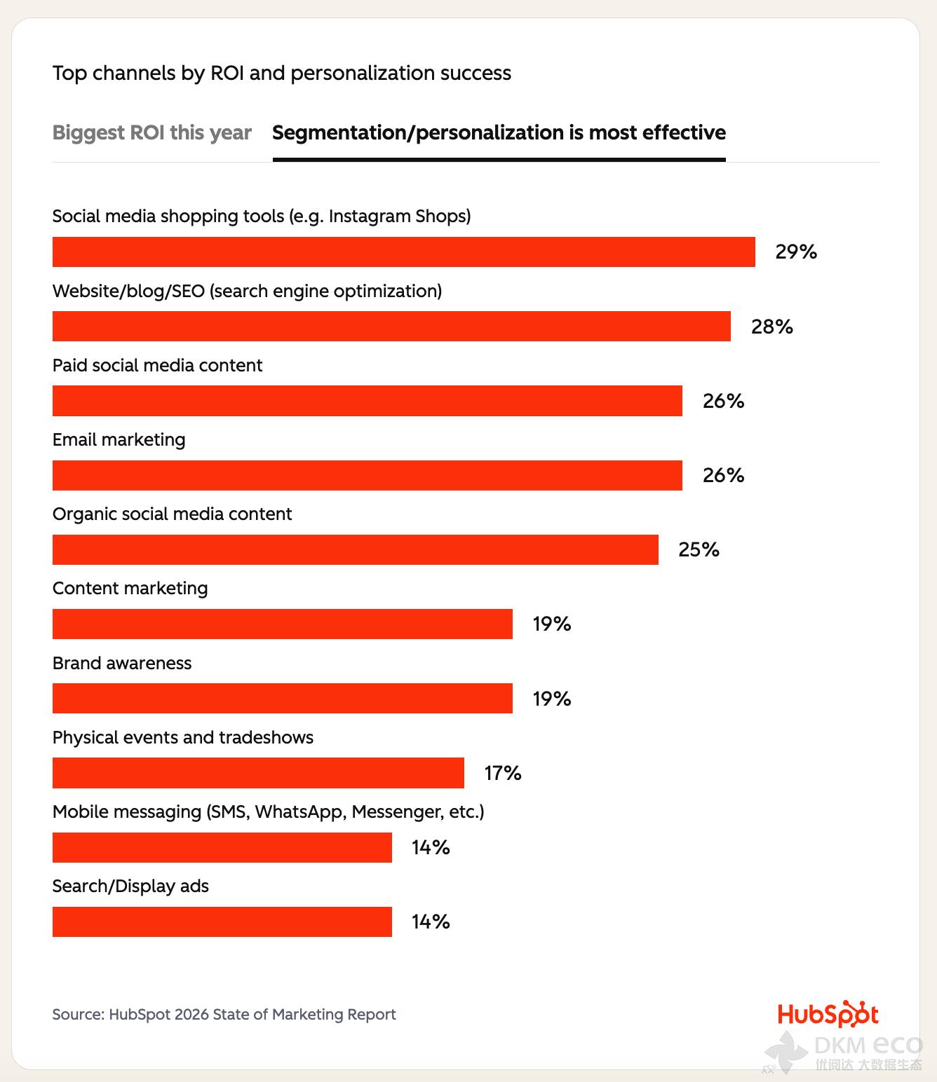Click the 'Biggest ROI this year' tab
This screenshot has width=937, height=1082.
[151, 132]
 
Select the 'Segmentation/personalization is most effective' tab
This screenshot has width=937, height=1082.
[499, 132]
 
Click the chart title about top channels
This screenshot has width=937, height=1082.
[281, 73]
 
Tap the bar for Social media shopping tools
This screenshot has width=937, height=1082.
[403, 252]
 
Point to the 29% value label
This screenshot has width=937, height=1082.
[796, 252]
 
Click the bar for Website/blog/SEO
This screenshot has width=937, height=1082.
[391, 327]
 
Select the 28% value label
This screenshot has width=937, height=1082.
[771, 327]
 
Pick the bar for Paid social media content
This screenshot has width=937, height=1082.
[367, 401]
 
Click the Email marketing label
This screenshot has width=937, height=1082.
[119, 439]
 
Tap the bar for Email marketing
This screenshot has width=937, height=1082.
[367, 475]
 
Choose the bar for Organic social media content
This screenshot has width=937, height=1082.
[355, 549]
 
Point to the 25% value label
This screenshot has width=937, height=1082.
[699, 549]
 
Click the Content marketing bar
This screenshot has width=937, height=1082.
[282, 624]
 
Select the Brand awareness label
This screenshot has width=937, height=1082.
[121, 663]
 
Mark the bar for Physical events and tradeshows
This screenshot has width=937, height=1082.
[258, 773]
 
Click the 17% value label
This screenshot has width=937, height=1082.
[502, 773]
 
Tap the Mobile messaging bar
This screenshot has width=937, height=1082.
[222, 847]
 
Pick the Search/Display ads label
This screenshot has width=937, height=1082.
[130, 886]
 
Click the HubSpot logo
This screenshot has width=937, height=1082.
[828, 1014]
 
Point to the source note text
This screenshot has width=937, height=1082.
[224, 1014]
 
